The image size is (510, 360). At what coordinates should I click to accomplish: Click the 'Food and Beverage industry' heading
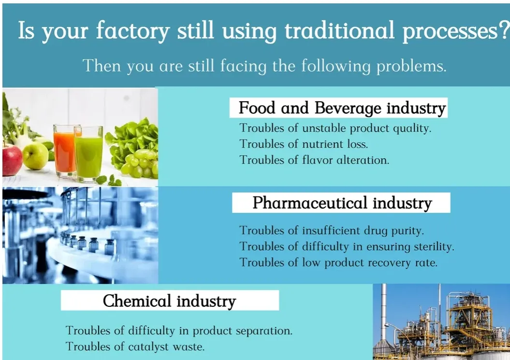tap(342, 108)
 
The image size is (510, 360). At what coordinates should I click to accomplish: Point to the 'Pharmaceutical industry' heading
tap(342, 203)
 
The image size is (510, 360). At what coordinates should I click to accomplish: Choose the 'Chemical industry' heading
tap(169, 301)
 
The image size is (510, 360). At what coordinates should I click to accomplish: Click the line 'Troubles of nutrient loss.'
tap(306, 144)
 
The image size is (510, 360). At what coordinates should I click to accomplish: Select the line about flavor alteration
tap(314, 160)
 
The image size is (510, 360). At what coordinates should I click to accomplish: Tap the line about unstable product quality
tap(335, 128)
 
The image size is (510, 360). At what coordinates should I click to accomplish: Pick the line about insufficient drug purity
tap(332, 230)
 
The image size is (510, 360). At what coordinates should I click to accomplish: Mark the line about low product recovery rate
tap(338, 262)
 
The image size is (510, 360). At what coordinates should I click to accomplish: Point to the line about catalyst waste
tap(135, 346)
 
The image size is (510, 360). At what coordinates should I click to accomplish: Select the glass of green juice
tap(89, 153)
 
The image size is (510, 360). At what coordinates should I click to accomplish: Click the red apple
tap(12, 160)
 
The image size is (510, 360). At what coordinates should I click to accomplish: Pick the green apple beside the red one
tap(36, 155)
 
